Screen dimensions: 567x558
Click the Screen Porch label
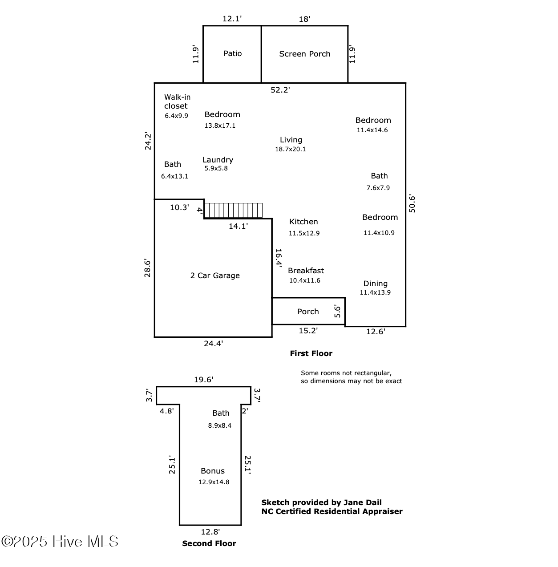tap(305, 54)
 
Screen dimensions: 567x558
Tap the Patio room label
tap(232, 53)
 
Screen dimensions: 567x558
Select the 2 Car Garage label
tap(215, 275)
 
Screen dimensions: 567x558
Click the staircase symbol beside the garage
tap(234, 210)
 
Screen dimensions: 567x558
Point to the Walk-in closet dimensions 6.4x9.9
tap(176, 116)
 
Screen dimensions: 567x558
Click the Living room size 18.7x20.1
tap(290, 149)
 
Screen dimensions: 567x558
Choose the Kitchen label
tap(303, 222)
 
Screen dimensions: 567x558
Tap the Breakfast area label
tap(306, 271)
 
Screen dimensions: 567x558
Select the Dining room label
tap(375, 283)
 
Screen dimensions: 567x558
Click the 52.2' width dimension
tap(280, 90)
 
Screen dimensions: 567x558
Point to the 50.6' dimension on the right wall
tap(412, 204)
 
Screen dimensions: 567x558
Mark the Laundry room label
tap(218, 160)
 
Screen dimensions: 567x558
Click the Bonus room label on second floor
tap(213, 471)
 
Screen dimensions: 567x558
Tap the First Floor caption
tap(311, 353)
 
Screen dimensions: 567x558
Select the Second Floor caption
tap(209, 543)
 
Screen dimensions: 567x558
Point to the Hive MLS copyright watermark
tap(60, 542)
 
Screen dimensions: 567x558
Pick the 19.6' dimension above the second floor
tap(203, 380)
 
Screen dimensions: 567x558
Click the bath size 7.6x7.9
tap(378, 188)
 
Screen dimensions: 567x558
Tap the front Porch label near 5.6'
tap(308, 312)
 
